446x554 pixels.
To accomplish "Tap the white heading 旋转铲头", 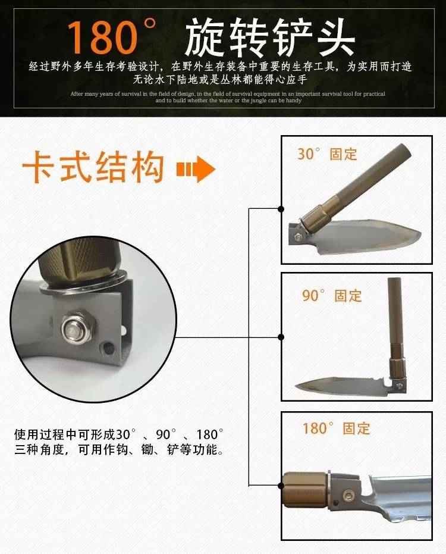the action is [x=270, y=38].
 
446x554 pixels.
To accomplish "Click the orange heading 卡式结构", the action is [x=93, y=167].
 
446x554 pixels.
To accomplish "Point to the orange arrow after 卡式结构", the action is [x=196, y=169].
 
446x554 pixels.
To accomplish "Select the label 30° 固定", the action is [x=327, y=154].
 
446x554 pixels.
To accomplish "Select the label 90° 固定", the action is [x=332, y=295].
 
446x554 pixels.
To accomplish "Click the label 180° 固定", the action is [x=337, y=428].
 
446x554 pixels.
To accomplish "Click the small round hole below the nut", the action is [x=108, y=348].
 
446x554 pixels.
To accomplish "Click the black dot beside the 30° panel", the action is [x=281, y=209].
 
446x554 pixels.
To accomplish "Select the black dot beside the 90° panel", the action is [x=281, y=337].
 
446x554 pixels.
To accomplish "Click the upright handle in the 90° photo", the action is [x=396, y=325].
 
